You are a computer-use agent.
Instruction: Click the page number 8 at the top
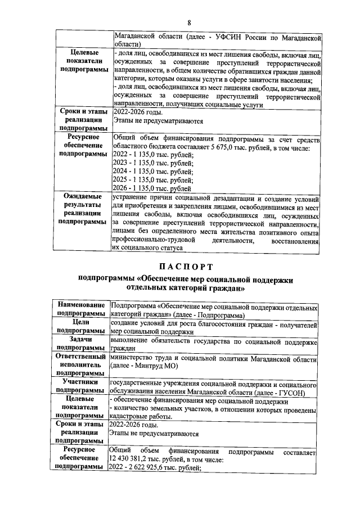pos(190,22)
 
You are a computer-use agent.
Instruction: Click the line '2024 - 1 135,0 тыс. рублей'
pos(153,172)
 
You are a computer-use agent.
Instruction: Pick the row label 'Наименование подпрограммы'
pos(84,308)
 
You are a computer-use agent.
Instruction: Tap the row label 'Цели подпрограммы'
pos(84,327)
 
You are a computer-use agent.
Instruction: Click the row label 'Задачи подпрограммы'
pos(84,344)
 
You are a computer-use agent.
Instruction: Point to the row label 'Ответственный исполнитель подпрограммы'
pos(84,364)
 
